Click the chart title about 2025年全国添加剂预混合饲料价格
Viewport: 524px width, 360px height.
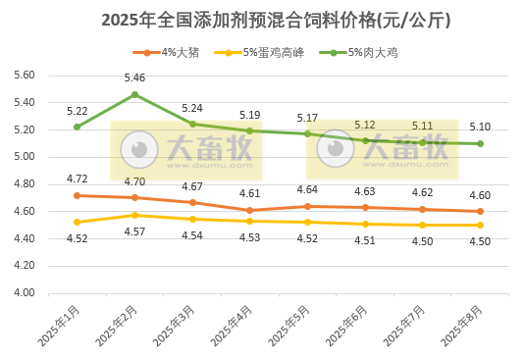263,20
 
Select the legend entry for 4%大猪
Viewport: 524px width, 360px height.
173,52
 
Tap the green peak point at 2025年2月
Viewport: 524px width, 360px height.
134,94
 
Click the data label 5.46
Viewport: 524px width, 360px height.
134,77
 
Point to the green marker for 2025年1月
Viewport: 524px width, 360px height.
78,127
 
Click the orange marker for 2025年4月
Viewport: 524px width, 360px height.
250,210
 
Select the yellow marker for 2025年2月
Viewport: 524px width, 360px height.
134,215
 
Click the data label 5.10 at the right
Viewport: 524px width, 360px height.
480,127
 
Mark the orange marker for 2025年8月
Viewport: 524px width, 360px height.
480,211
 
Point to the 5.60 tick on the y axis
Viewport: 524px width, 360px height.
24,75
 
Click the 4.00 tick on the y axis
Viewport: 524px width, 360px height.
24,293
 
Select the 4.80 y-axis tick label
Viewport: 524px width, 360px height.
24,184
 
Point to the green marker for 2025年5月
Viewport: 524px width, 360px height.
307,133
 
